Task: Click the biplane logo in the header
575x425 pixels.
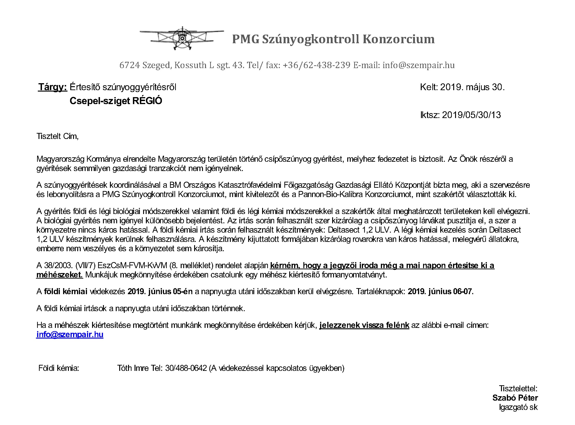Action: (x=182, y=38)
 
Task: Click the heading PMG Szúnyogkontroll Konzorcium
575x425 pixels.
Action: (x=333, y=39)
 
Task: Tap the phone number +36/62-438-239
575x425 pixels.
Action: (x=316, y=65)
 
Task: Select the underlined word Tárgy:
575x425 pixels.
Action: (x=53, y=87)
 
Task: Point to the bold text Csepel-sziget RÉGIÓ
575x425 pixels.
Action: (x=116, y=101)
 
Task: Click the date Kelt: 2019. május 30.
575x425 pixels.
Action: (x=462, y=87)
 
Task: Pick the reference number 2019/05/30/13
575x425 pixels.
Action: (x=471, y=115)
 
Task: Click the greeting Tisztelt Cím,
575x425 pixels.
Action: (x=58, y=136)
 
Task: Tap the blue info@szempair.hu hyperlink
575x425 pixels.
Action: (x=70, y=334)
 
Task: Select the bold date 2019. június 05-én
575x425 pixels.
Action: (x=160, y=291)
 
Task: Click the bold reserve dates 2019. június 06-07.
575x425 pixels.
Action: (x=440, y=291)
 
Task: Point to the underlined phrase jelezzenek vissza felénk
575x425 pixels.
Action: (x=364, y=325)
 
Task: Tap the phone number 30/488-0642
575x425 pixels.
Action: (x=186, y=368)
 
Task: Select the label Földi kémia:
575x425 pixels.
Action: (x=59, y=368)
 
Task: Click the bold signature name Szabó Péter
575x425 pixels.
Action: (x=515, y=398)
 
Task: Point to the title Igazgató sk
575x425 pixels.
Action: (x=518, y=407)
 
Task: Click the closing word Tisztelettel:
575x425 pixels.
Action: (x=518, y=389)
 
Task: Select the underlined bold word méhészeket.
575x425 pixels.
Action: (x=60, y=275)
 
